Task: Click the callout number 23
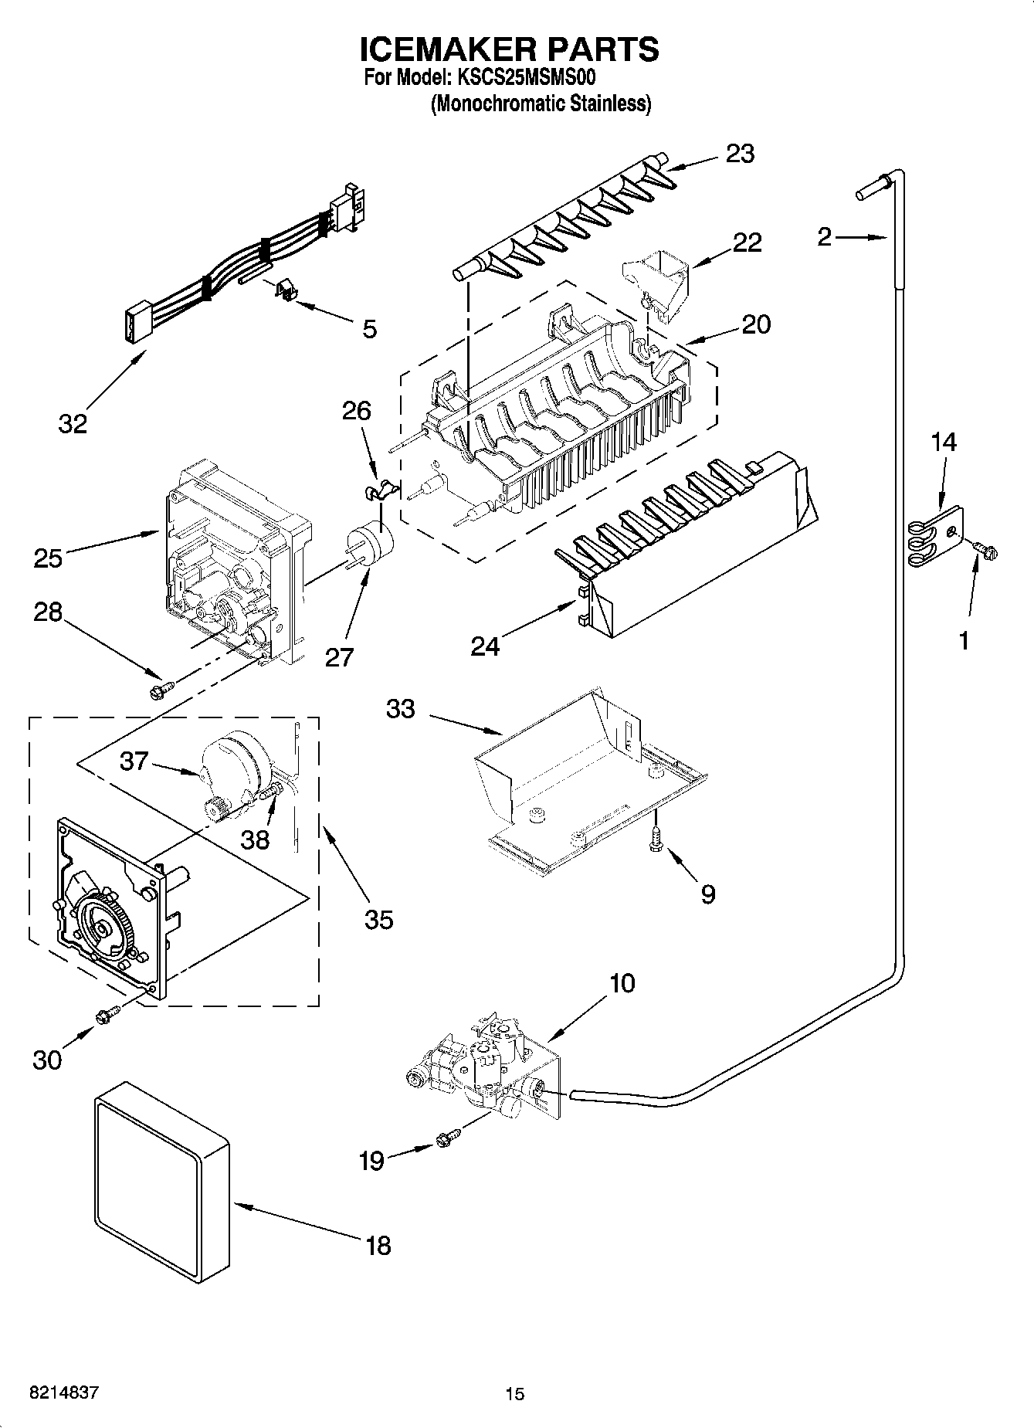pyautogui.click(x=740, y=154)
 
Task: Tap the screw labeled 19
pyautogui.click(x=447, y=1137)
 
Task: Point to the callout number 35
pyautogui.click(x=378, y=919)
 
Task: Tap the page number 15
pyautogui.click(x=515, y=1394)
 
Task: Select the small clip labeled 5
pyautogui.click(x=286, y=290)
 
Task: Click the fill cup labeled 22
pyautogui.click(x=656, y=280)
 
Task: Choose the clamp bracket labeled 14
pyautogui.click(x=936, y=534)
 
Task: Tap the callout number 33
pyautogui.click(x=401, y=708)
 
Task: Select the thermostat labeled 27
pyautogui.click(x=370, y=544)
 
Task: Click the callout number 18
pyautogui.click(x=378, y=1246)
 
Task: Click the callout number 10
pyautogui.click(x=622, y=983)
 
